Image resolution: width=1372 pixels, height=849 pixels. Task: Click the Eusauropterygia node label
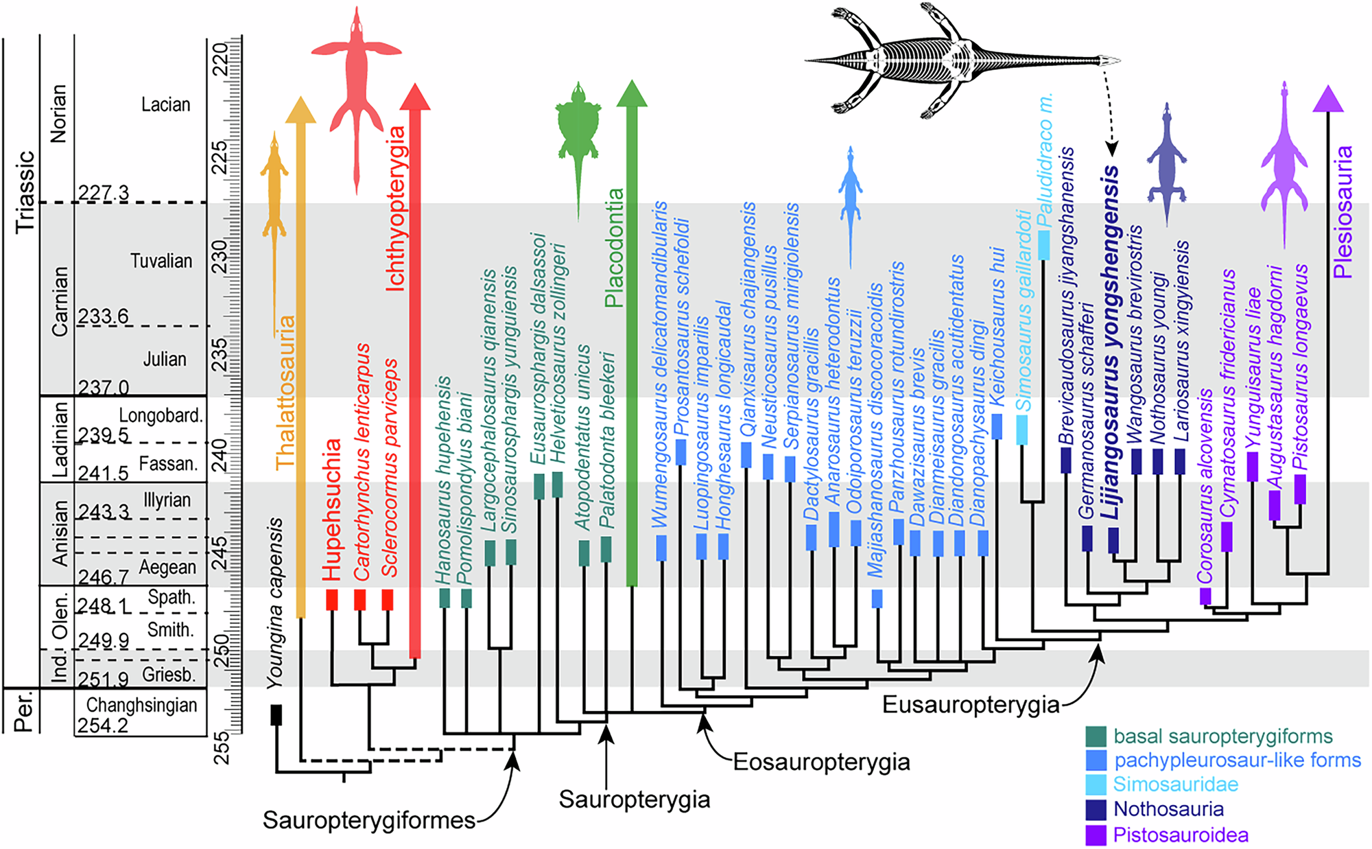point(970,705)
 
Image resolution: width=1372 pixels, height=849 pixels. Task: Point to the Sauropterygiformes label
point(369,820)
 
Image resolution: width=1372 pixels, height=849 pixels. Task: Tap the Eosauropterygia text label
point(821,762)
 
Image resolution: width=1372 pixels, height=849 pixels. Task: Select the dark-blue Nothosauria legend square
point(1096,810)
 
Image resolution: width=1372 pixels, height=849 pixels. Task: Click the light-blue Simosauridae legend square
point(1096,784)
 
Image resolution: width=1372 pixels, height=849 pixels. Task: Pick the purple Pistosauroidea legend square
point(1096,835)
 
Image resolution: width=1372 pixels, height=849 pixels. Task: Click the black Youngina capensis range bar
point(276,714)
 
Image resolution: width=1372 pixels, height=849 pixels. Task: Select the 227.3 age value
point(103,193)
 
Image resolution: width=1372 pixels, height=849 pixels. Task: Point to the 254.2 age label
point(102,725)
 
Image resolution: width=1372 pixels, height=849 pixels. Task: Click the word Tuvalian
point(161,261)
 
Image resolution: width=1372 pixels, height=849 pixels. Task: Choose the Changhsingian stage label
point(141,706)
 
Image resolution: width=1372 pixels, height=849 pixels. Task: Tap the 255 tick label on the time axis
point(221,748)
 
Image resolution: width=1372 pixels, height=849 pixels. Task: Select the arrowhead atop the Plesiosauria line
point(1327,99)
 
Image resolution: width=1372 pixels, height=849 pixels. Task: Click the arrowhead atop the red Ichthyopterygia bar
point(414,97)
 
